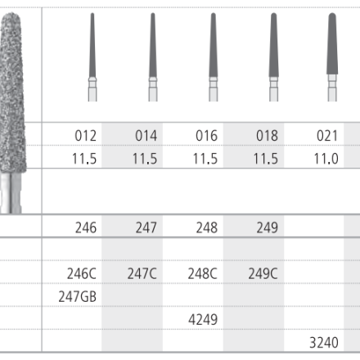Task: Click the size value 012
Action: click(86, 136)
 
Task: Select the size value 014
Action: click(146, 136)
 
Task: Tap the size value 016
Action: click(207, 136)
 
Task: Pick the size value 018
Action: click(268, 136)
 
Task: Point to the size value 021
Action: click(327, 136)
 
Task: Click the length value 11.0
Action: click(326, 159)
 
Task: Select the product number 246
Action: click(86, 227)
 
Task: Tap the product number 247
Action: click(146, 227)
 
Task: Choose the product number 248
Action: click(207, 227)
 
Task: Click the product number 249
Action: click(268, 227)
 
